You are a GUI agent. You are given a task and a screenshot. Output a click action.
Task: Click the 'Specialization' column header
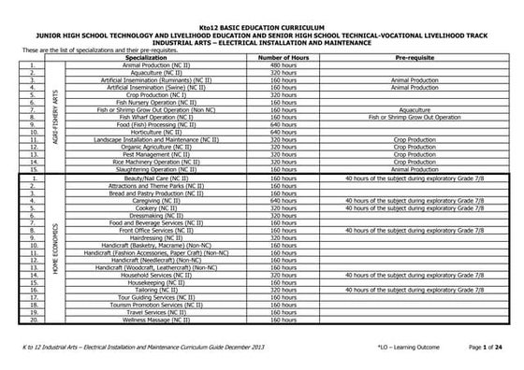point(151,57)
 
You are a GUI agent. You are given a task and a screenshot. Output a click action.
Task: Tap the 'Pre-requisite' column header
point(411,57)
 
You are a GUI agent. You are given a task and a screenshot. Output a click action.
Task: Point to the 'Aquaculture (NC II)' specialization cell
point(151,72)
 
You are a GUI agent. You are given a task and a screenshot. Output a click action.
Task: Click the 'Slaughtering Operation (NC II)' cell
point(151,170)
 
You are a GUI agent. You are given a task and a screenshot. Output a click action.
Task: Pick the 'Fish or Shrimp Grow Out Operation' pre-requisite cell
point(411,118)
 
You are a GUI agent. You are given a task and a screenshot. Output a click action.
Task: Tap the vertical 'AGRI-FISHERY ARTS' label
point(55,117)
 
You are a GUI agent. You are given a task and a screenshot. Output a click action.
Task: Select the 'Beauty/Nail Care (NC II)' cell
point(151,178)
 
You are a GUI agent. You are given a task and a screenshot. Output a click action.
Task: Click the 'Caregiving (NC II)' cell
point(151,200)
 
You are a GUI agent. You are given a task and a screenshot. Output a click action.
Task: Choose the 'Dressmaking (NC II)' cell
point(151,215)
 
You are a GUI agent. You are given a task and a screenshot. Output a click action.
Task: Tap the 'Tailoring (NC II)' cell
point(151,291)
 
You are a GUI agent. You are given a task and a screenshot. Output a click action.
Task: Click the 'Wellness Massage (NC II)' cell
point(151,320)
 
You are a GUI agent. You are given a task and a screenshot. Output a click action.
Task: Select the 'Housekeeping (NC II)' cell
point(151,283)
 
